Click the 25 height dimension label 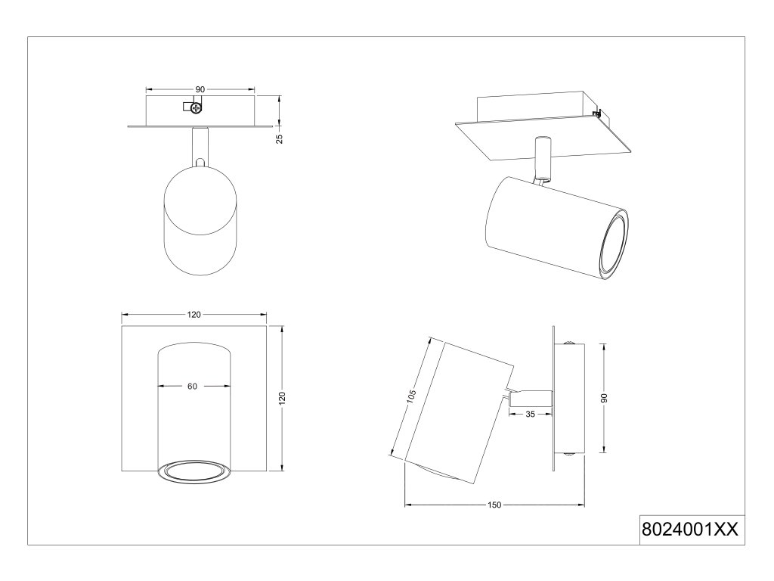point(280,138)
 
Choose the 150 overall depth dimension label point(494,505)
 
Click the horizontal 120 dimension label point(194,315)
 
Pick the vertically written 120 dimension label point(283,399)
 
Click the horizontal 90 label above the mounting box point(200,89)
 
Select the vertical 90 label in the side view point(603,398)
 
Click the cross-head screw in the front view point(197,107)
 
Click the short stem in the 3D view point(541,157)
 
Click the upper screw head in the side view point(570,345)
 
